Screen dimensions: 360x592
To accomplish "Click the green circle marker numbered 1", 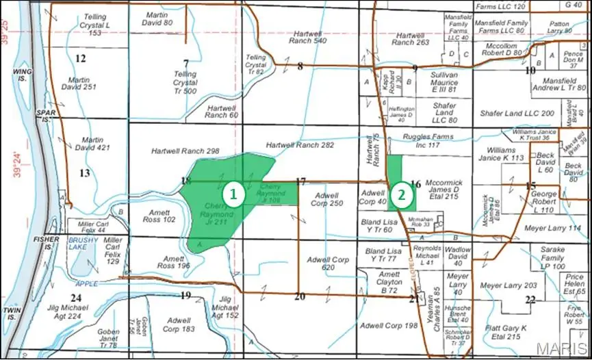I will coord(234,194).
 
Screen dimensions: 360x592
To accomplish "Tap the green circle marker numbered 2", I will coord(403,194).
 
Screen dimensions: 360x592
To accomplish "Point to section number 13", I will coord(84,173).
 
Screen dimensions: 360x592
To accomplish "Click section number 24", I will coord(75,297).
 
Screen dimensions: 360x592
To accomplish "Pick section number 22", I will coord(530,300).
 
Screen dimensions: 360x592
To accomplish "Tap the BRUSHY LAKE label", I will coord(83,244).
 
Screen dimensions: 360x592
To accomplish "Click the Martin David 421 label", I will coord(93,143).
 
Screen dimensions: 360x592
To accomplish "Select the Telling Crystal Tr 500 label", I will coord(185,82).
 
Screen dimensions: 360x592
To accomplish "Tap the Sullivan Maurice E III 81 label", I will coord(434,82).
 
